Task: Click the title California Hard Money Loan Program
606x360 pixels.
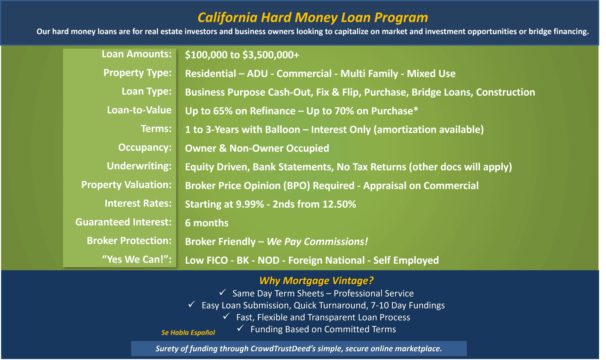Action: point(313,18)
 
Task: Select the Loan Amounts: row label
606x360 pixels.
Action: point(136,54)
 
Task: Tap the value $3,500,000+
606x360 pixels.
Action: point(271,55)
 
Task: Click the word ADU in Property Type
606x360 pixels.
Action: point(257,73)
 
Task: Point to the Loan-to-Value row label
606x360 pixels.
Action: point(139,110)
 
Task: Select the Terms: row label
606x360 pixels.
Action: point(156,129)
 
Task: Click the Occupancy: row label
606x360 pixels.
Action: point(145,148)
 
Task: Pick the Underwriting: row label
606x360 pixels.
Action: point(139,166)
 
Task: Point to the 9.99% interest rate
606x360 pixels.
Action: point(250,204)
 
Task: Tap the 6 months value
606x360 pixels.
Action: point(207,223)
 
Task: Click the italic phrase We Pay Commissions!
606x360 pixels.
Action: point(317,242)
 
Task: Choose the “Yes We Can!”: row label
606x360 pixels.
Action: point(137,259)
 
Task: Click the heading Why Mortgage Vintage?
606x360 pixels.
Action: point(316,281)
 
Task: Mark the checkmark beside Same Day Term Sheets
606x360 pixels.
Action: point(223,292)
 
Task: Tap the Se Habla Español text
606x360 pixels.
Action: point(188,333)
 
